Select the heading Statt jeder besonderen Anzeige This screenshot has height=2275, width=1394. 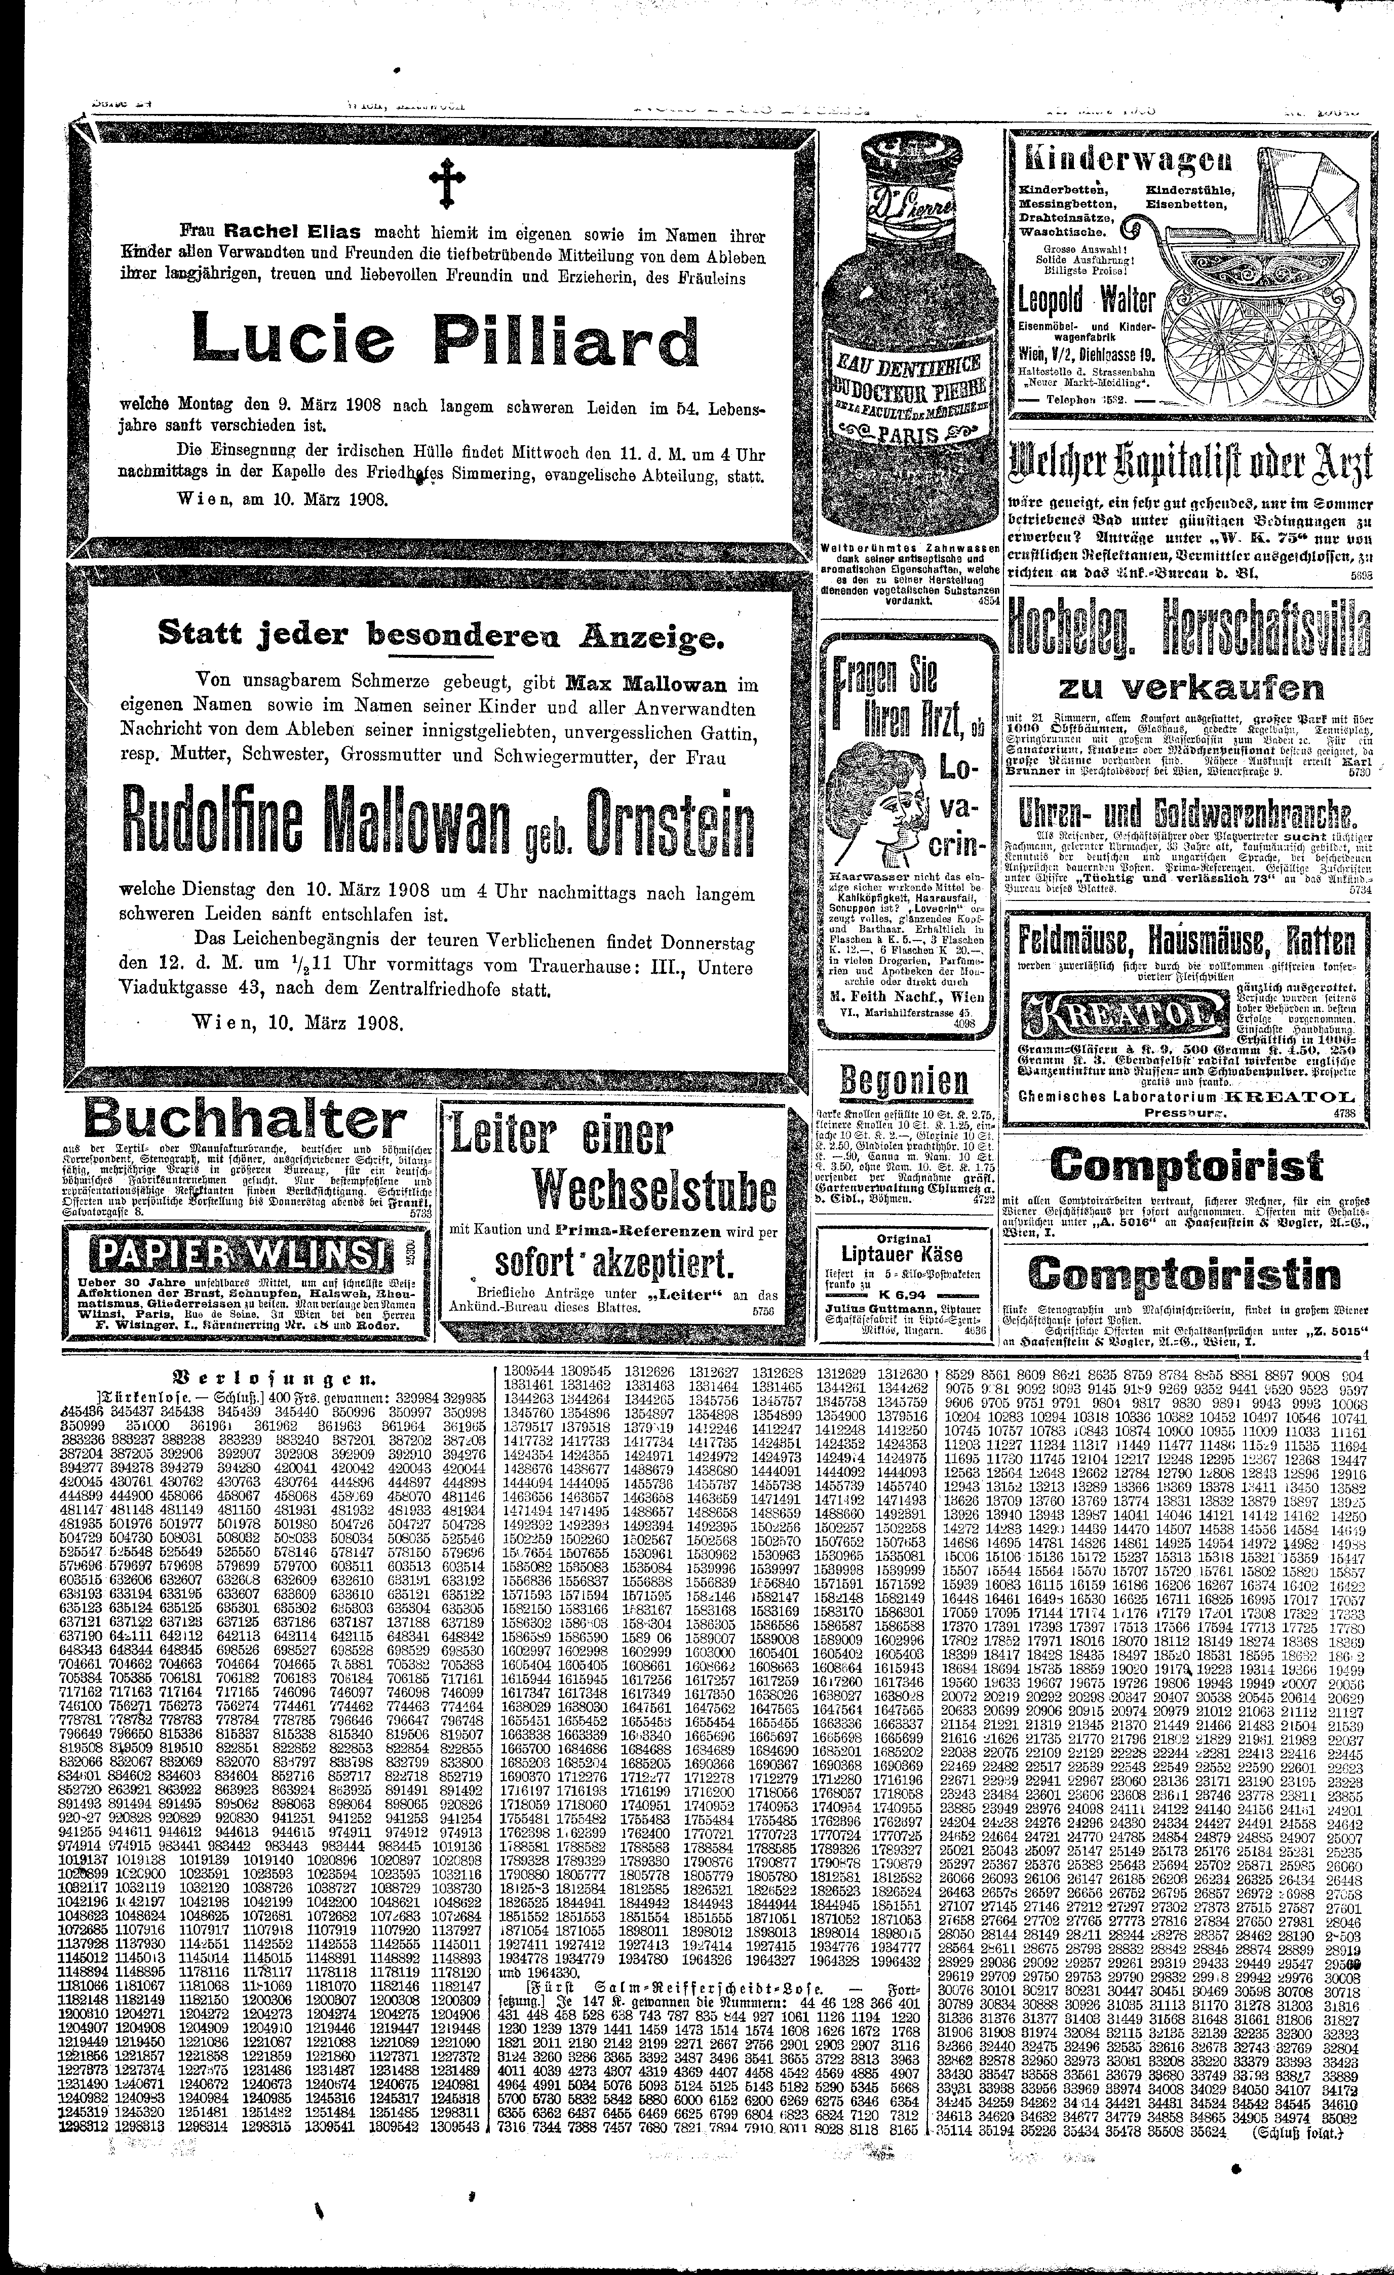pos(441,635)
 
